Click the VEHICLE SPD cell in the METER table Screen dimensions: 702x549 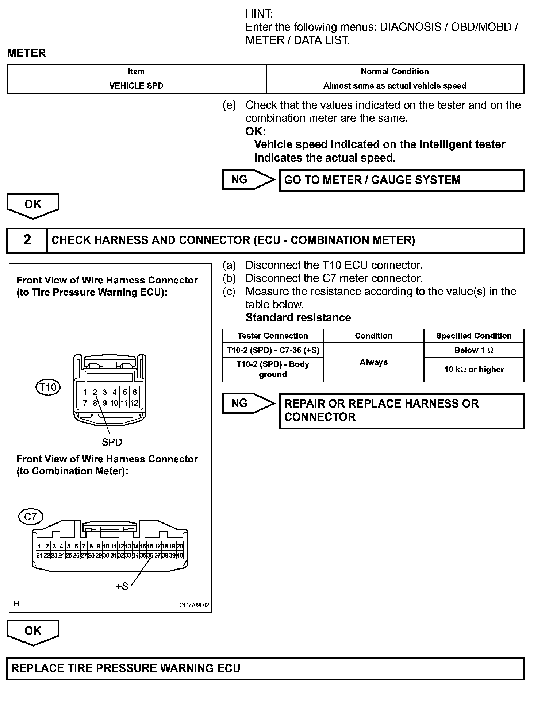point(136,86)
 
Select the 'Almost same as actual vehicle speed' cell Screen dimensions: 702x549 point(395,86)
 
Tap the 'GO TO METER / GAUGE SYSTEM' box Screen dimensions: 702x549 point(402,180)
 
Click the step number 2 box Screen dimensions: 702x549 point(27,240)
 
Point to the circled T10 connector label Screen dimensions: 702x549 point(48,387)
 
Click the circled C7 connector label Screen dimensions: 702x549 point(30,516)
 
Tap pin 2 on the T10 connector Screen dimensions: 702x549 point(95,392)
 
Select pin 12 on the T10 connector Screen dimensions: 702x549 point(134,403)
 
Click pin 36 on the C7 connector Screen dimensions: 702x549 point(150,555)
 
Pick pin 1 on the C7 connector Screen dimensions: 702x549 point(39,546)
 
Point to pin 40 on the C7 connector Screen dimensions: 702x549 point(180,555)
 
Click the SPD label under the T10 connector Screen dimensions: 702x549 point(112,442)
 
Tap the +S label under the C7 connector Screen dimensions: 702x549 point(122,586)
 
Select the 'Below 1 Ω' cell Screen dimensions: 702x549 point(473,350)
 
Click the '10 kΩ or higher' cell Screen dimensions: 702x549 point(473,369)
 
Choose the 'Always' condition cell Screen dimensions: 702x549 point(373,362)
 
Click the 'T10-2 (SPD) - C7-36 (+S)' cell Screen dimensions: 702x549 point(273,350)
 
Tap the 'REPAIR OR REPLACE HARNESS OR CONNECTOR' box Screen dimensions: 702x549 point(402,410)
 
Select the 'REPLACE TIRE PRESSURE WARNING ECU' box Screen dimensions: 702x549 point(265,668)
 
